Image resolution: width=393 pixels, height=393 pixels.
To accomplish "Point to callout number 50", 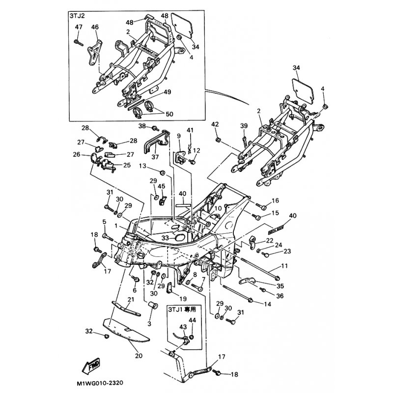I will point(169,114).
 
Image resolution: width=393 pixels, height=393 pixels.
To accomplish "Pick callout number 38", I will point(142,126).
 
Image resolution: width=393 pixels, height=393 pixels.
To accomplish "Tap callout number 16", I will point(275,200).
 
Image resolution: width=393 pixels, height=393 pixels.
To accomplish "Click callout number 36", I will point(280,295).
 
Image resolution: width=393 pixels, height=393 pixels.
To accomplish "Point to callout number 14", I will point(268,304).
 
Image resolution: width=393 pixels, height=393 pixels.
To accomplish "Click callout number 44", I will point(192,320).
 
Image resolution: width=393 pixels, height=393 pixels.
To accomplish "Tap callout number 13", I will point(143,166).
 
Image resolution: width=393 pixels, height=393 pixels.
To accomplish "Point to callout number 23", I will point(287,252).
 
